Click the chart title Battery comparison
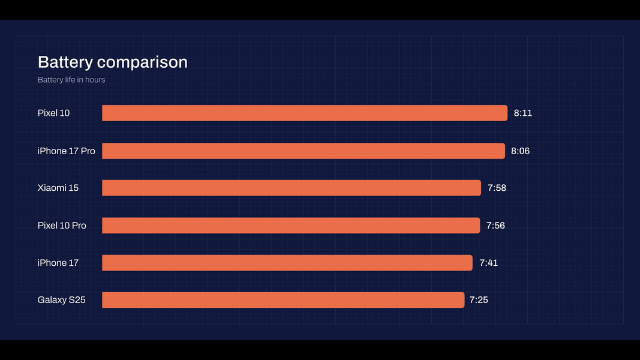point(112,62)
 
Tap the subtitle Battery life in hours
point(71,80)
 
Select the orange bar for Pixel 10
point(305,113)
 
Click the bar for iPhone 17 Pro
point(304,151)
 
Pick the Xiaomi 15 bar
point(292,188)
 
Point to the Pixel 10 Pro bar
point(291,226)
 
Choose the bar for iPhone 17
point(287,263)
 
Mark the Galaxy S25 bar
point(283,300)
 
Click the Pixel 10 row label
point(53,113)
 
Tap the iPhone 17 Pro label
point(66,151)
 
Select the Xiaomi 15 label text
point(58,188)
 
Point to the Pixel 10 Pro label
point(62,226)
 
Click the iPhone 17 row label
point(58,263)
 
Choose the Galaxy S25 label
point(61,300)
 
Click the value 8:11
point(523,113)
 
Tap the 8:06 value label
point(520,151)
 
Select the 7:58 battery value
point(497,188)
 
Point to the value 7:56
point(495,226)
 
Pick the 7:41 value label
point(488,263)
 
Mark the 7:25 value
point(479,300)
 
